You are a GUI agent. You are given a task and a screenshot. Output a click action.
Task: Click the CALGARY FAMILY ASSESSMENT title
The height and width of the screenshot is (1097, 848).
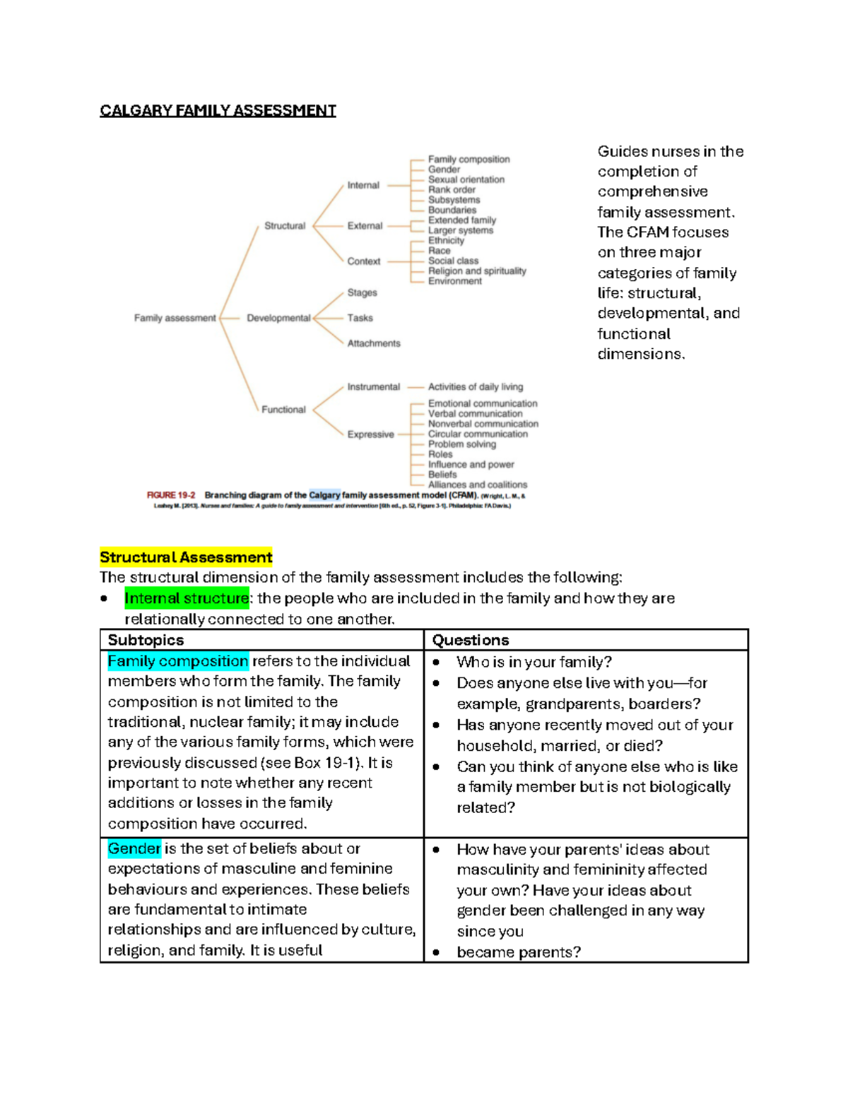tap(218, 110)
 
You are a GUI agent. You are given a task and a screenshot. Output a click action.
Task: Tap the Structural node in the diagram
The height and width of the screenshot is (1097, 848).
tap(285, 226)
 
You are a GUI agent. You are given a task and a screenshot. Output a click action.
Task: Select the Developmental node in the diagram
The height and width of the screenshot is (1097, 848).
tap(278, 318)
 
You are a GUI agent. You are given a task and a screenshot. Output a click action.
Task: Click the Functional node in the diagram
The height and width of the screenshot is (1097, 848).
tap(283, 410)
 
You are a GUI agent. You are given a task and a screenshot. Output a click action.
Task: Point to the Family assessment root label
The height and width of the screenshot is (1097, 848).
tap(175, 318)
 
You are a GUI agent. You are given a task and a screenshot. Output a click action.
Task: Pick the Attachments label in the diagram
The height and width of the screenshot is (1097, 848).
tap(373, 343)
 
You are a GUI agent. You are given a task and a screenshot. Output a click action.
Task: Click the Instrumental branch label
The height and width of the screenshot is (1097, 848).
tap(373, 387)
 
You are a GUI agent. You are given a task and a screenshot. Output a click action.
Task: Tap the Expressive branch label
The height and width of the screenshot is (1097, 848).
tap(370, 434)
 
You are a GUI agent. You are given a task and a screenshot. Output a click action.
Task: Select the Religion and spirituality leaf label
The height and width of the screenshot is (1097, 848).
tap(476, 271)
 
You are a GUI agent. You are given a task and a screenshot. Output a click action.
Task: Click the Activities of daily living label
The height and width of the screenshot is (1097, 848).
tap(475, 387)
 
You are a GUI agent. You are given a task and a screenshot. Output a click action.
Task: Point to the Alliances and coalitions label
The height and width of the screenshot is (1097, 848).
tap(477, 485)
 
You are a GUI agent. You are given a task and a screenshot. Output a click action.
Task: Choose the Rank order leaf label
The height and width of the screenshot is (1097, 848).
tap(452, 190)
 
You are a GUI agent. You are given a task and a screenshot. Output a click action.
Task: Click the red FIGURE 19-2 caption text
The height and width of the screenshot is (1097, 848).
tap(171, 495)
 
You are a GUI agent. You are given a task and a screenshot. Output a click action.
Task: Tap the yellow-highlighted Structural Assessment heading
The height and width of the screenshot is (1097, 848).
tap(186, 557)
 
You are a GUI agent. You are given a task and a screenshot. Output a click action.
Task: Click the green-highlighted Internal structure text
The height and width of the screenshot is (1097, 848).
tap(187, 598)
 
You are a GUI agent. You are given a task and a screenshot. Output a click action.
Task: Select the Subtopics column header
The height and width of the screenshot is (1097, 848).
tap(146, 640)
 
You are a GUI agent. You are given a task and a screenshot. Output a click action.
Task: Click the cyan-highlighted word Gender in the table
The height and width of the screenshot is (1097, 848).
tap(134, 848)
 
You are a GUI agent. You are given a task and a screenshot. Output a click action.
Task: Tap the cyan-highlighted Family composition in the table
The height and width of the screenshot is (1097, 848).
tap(178, 661)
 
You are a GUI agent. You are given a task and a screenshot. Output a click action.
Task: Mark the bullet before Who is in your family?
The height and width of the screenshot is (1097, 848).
tap(437, 663)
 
